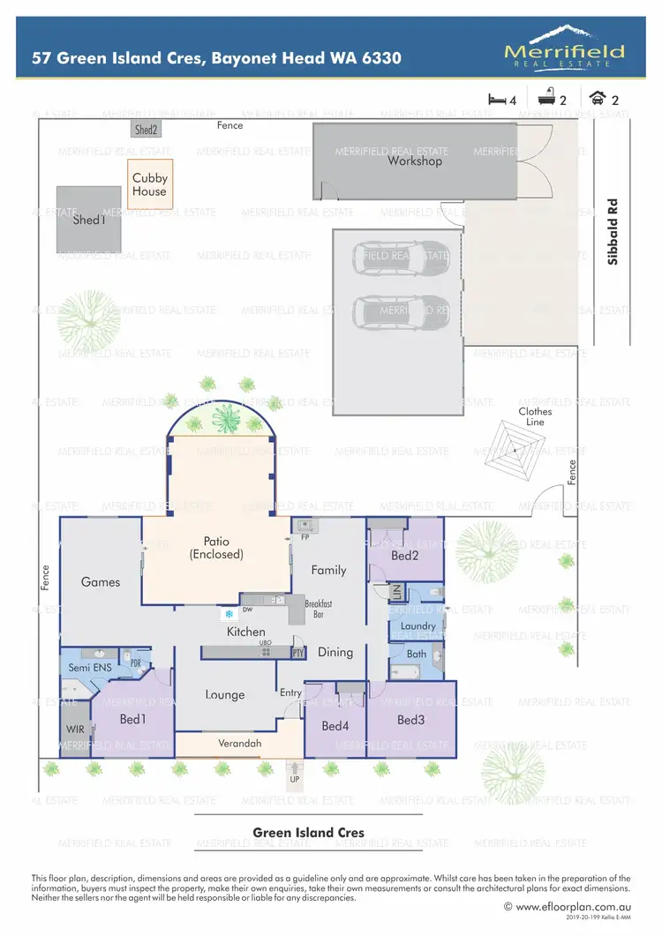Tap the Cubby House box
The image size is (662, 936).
tap(150, 184)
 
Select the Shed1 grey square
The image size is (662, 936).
tap(88, 220)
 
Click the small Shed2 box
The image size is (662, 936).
tap(146, 130)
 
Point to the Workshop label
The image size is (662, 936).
tap(415, 161)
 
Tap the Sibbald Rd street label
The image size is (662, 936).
tap(613, 231)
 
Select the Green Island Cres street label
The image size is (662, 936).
tap(308, 832)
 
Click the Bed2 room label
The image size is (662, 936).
tap(404, 556)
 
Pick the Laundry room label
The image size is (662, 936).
tap(418, 626)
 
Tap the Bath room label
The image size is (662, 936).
tap(417, 654)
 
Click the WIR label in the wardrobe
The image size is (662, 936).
tap(74, 730)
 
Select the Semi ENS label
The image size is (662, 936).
tap(90, 669)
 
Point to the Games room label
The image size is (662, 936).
tap(100, 582)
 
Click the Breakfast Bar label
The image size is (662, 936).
tap(318, 609)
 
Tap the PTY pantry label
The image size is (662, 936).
tap(298, 653)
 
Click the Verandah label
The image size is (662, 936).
tap(240, 744)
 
